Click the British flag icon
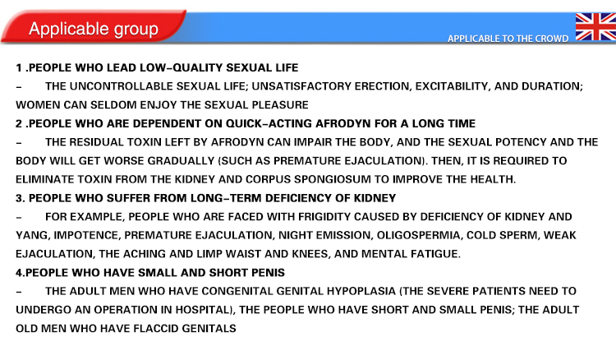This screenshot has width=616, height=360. coord(595,26)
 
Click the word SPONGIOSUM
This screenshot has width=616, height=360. coord(333,179)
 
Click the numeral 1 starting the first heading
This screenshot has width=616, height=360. coord(18,67)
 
